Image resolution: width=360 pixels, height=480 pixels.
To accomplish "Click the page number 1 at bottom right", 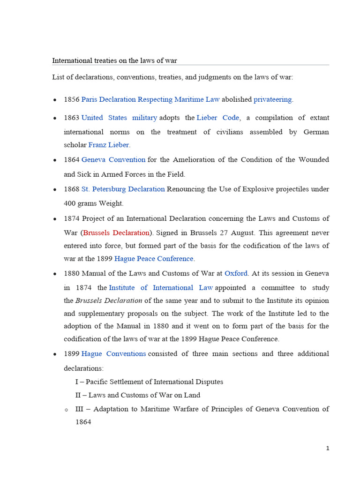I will (328, 448).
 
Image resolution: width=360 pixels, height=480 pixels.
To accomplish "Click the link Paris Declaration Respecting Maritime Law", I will (150, 99).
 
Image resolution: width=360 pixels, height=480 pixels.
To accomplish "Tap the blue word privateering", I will (273, 99).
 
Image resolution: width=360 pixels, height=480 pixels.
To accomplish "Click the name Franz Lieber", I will (109, 145).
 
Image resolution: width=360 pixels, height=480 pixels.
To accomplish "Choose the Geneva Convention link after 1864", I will (113, 159).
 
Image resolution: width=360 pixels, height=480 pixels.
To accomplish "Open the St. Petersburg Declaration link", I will (123, 189).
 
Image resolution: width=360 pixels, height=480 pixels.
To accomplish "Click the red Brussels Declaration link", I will (116, 232).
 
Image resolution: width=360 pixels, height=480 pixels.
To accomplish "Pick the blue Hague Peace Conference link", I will (154, 258).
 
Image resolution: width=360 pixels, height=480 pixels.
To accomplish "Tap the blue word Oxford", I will (235, 273).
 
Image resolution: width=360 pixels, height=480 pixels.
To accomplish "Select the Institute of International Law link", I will (161, 287).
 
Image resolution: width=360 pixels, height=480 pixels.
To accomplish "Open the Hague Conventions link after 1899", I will (113, 353).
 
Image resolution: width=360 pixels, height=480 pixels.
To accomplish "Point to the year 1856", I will (72, 99).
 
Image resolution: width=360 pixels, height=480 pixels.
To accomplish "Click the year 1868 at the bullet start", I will (72, 189).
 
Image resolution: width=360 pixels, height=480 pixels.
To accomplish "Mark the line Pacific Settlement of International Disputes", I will (149, 382).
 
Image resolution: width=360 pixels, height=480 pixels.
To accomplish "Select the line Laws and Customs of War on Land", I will (138, 395).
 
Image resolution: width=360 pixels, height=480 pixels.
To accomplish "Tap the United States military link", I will (119, 118).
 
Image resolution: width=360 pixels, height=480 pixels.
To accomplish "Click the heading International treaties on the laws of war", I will (114, 60).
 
